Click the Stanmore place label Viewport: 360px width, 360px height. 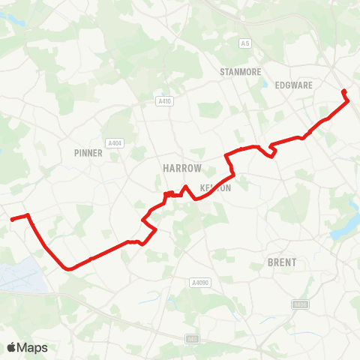(240, 71)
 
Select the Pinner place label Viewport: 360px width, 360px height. (88, 152)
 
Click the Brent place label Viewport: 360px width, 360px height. (281, 262)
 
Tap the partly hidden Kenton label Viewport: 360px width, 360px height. (215, 188)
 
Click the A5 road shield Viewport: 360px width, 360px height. (244, 44)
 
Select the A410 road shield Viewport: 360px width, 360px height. (164, 100)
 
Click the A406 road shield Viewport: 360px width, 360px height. (300, 304)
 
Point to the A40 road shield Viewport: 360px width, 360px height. (193, 339)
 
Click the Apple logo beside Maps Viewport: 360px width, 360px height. (12, 347)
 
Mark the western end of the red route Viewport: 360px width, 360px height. (11, 220)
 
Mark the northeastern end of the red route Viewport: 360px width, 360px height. (343, 91)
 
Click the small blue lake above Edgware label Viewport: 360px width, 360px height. (264, 84)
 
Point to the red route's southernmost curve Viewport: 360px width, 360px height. (69, 268)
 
